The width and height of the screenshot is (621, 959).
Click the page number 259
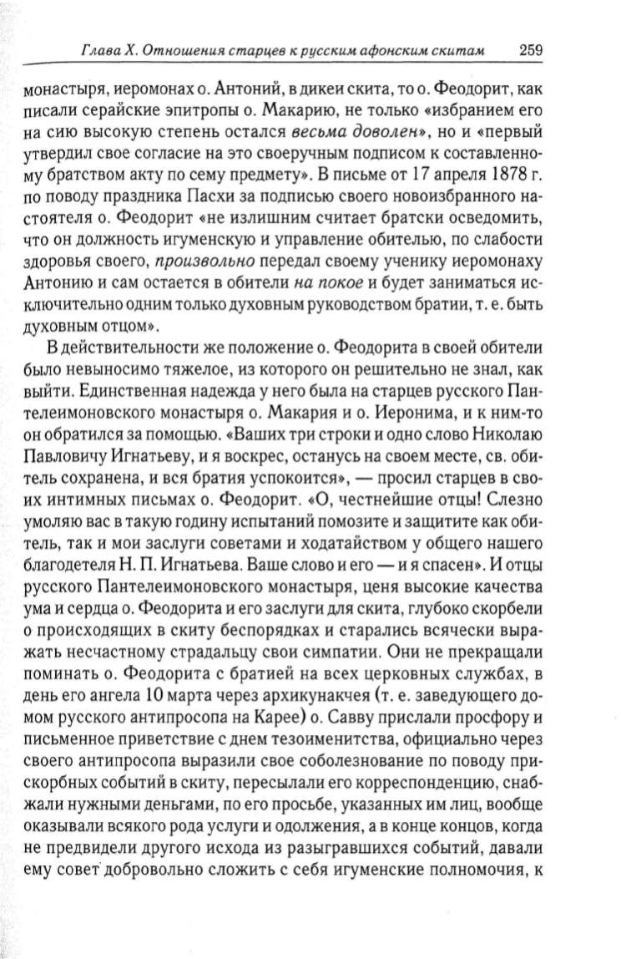click(x=531, y=48)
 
